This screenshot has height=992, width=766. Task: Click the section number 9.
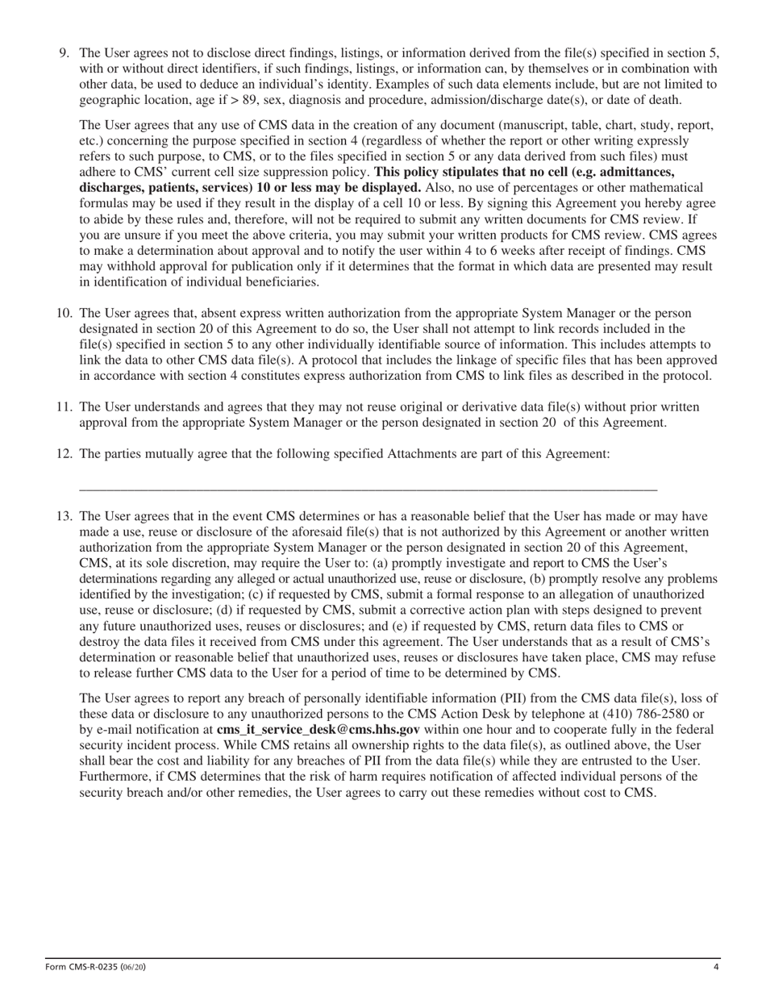[x=65, y=53]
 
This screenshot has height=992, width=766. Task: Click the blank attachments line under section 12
[x=368, y=488]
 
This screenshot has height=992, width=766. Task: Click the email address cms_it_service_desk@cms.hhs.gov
[x=318, y=730]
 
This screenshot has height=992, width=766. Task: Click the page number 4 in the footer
[x=716, y=967]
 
